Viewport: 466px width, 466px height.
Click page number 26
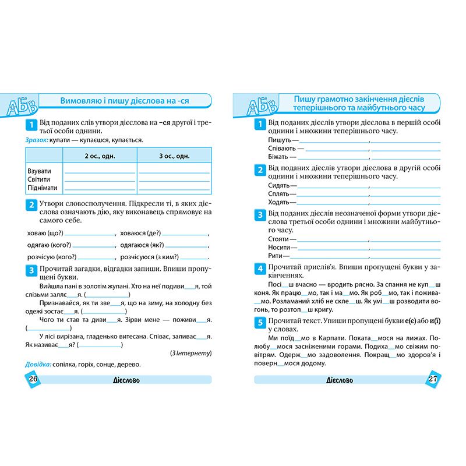(x=33, y=379)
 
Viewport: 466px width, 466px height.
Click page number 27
(x=432, y=379)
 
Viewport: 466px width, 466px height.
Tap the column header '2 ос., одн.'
(x=100, y=156)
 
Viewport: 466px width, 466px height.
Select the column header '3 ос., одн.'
(x=174, y=156)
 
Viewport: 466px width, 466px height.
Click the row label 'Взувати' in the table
(x=39, y=171)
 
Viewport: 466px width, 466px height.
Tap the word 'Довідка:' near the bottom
(x=38, y=364)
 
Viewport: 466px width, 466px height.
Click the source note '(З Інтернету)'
(x=190, y=353)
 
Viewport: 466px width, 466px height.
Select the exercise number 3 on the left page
(x=30, y=270)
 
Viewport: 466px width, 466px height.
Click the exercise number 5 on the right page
(x=260, y=322)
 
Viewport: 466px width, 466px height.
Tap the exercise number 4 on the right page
(x=260, y=269)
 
